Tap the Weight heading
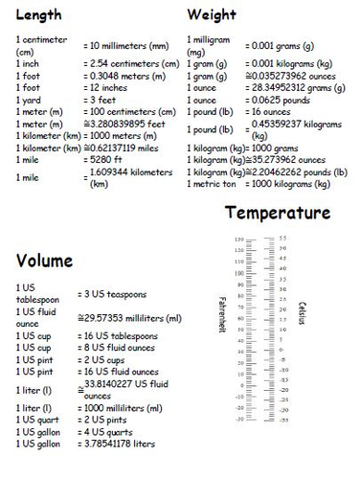click(x=213, y=14)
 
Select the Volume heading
click(x=45, y=260)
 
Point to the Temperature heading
click(x=278, y=212)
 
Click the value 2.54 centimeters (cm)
click(x=132, y=63)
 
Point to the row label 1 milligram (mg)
click(x=208, y=45)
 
